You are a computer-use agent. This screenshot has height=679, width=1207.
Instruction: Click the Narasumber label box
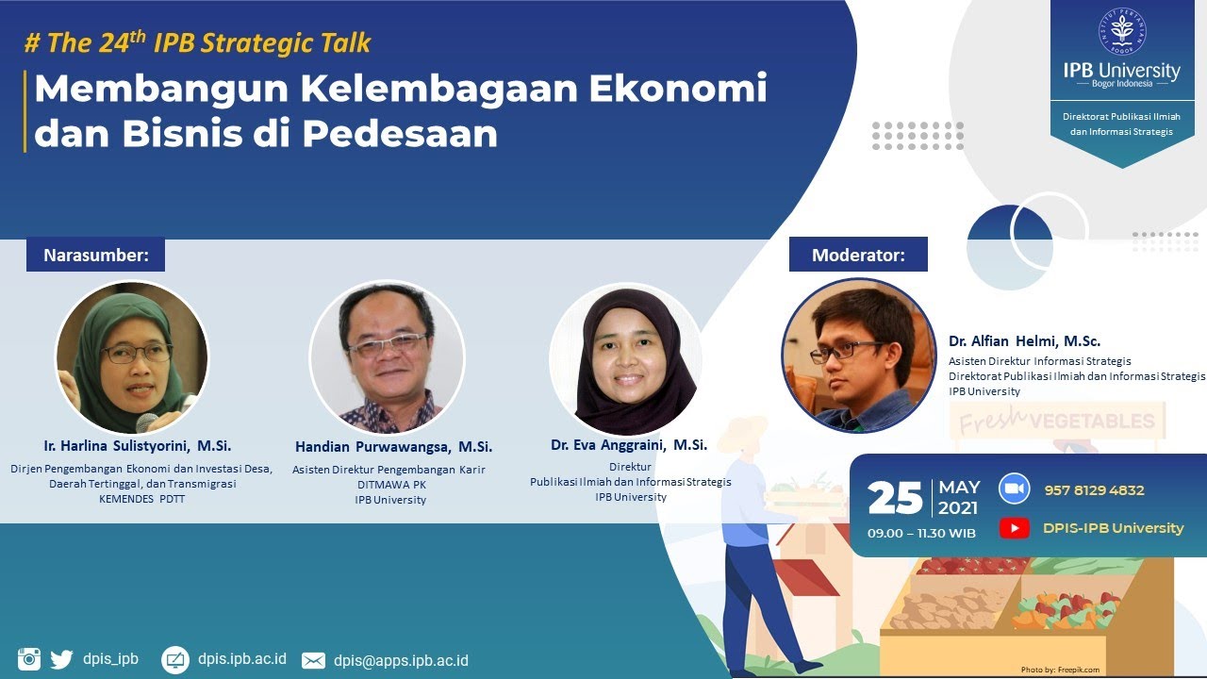pyautogui.click(x=95, y=255)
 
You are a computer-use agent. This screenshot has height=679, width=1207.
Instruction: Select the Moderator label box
pyautogui.click(x=858, y=255)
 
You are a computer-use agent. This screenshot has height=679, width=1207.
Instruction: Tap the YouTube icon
pyautogui.click(x=1015, y=528)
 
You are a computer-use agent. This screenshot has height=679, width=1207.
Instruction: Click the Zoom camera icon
pyautogui.click(x=1015, y=489)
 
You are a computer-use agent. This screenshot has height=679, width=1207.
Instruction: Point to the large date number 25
pyautogui.click(x=895, y=497)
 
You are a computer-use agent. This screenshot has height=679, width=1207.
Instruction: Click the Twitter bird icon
pyautogui.click(x=61, y=659)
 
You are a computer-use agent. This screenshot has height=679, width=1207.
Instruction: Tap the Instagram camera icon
pyautogui.click(x=29, y=659)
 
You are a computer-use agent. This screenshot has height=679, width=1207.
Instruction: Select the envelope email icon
pyautogui.click(x=313, y=660)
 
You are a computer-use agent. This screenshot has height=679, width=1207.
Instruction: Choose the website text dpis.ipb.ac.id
pyautogui.click(x=241, y=659)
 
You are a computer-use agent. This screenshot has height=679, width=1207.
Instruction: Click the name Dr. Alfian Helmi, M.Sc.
pyautogui.click(x=1024, y=341)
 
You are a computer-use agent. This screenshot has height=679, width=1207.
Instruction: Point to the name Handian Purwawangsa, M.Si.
pyautogui.click(x=393, y=447)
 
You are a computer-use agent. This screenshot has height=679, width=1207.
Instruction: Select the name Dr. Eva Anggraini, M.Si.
pyautogui.click(x=629, y=445)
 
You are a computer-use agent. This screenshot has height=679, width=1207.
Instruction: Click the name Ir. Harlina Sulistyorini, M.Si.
pyautogui.click(x=138, y=445)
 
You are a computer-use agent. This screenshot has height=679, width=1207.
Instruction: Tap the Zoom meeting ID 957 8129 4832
pyautogui.click(x=1094, y=490)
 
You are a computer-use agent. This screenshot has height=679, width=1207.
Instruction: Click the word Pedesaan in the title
pyautogui.click(x=400, y=134)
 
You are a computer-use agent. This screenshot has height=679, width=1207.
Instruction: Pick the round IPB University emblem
pyautogui.click(x=1121, y=33)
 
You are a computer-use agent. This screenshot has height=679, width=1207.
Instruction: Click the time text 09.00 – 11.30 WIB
pyautogui.click(x=921, y=534)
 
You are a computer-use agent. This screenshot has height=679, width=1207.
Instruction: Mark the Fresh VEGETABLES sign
pyautogui.click(x=1057, y=421)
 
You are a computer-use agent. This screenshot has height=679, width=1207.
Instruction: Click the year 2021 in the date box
pyautogui.click(x=959, y=508)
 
